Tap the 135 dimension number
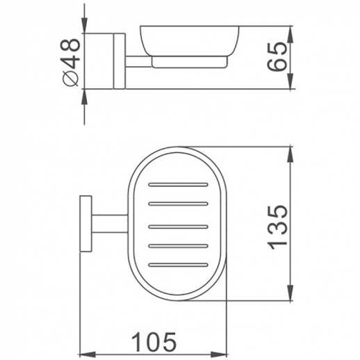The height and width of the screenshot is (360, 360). pyautogui.click(x=277, y=226)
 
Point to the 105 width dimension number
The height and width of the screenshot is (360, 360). pyautogui.click(x=153, y=341)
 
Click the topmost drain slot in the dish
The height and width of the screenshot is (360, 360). pyautogui.click(x=179, y=186)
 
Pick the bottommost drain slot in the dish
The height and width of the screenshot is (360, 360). pyautogui.click(x=179, y=264)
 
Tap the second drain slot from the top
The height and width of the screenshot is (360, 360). pyautogui.click(x=179, y=205)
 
